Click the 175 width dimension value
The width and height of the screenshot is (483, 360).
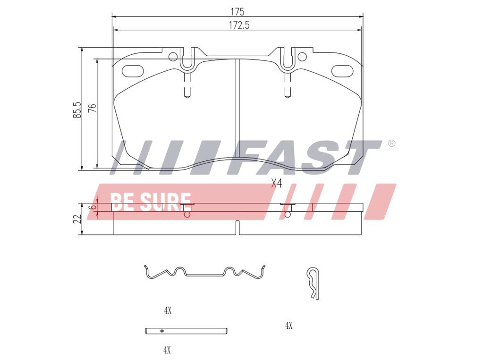point(237,12)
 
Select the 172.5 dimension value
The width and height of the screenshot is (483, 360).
point(239,25)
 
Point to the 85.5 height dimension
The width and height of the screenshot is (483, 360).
point(77,110)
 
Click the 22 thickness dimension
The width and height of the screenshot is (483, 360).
point(77,219)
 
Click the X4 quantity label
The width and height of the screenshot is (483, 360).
point(277,184)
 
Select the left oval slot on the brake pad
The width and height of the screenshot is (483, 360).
point(133,71)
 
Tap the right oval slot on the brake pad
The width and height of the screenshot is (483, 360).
point(342,71)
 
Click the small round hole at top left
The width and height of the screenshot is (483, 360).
point(173,57)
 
